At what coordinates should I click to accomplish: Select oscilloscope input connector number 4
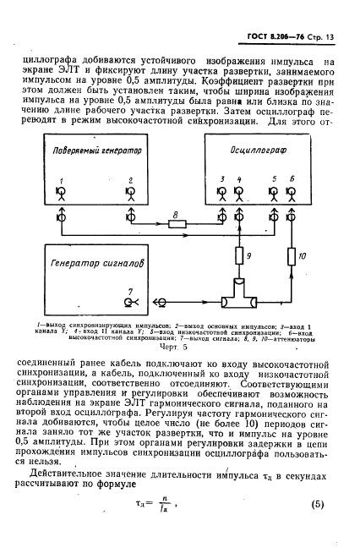click(x=239, y=192)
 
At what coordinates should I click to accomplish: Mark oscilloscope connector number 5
click(x=273, y=192)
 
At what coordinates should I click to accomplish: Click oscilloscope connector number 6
click(x=292, y=192)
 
